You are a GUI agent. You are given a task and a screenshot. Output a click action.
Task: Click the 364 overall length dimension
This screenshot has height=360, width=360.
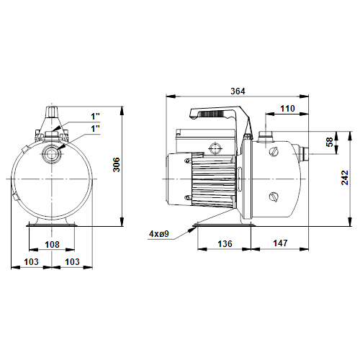(x=238, y=91)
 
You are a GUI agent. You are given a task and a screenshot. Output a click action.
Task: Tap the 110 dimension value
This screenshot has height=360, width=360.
(x=287, y=109)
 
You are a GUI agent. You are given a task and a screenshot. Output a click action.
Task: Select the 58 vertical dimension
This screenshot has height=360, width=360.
(x=330, y=142)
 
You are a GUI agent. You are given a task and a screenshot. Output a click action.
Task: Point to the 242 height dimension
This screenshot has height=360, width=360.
(x=345, y=178)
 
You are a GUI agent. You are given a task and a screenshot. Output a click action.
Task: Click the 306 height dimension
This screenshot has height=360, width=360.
(x=117, y=165)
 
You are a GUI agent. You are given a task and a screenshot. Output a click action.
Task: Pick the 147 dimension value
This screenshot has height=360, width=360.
(x=280, y=243)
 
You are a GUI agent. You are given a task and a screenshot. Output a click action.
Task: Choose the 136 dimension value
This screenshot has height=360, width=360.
(x=225, y=244)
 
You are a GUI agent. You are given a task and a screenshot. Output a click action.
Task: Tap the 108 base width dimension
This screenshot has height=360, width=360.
(x=52, y=245)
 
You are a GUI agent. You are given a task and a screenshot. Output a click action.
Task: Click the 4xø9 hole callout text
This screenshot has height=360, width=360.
(x=159, y=234)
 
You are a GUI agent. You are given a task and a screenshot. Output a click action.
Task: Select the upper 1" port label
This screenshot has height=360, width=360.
(x=95, y=117)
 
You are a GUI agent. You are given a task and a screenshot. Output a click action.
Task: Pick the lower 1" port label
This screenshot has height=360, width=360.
(x=95, y=129)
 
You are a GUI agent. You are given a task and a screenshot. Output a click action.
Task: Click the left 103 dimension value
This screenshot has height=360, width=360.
(x=31, y=261)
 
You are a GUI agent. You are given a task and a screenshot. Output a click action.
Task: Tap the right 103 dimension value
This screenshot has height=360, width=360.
(x=72, y=261)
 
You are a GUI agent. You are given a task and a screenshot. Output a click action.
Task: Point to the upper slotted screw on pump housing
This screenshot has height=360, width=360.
(x=274, y=152)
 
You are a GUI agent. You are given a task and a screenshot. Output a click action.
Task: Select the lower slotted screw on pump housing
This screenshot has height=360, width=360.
(x=274, y=197)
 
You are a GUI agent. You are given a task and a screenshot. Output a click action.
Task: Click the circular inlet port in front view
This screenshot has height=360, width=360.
(x=50, y=153)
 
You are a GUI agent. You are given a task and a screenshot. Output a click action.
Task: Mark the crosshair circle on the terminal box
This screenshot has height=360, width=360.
(x=215, y=148)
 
